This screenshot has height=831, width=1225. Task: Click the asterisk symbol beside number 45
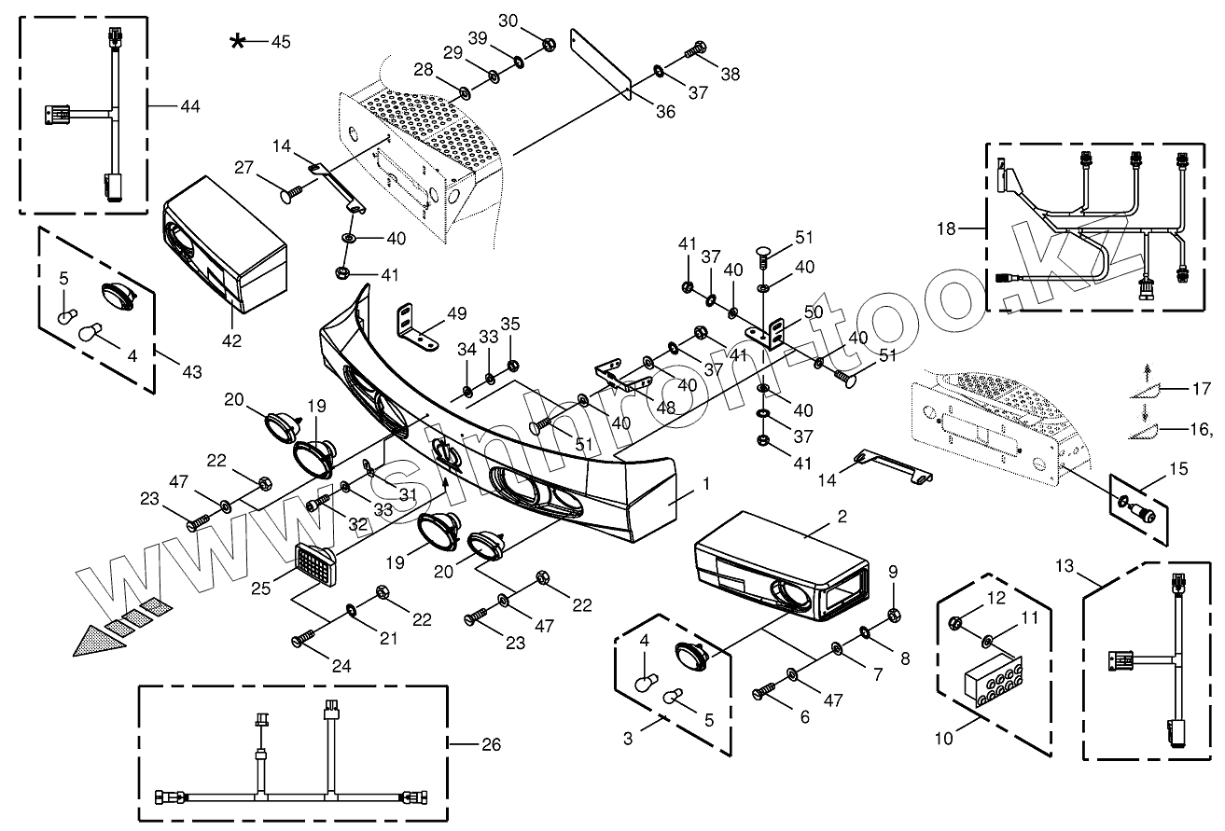[x=238, y=41]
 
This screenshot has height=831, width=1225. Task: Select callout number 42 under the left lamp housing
[x=231, y=340]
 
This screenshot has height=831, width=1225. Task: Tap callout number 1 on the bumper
[x=706, y=483]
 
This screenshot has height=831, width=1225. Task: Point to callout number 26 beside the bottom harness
[x=491, y=744]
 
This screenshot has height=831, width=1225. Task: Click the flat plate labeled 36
[x=602, y=64]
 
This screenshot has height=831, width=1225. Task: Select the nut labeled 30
[x=549, y=43]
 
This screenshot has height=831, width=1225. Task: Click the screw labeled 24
[x=304, y=637]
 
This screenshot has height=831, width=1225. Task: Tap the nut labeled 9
[x=893, y=615]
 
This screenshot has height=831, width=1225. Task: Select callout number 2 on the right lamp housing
[x=842, y=516]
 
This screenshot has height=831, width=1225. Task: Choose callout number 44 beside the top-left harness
[x=189, y=105]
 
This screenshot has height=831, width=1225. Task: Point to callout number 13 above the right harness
[x=1065, y=566]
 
